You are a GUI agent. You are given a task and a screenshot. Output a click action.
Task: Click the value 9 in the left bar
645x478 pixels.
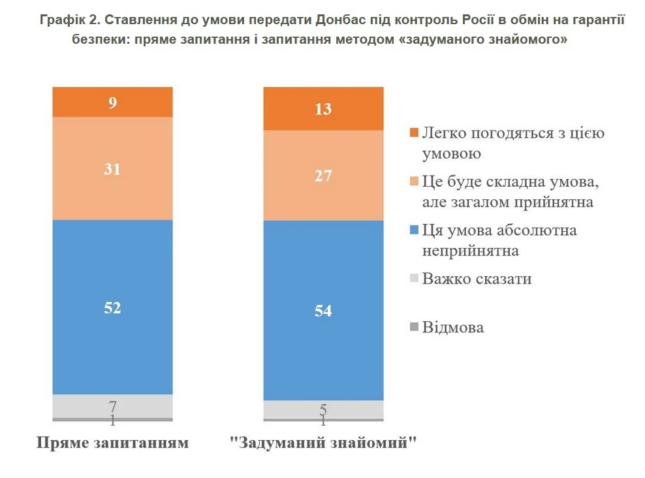point(113,103)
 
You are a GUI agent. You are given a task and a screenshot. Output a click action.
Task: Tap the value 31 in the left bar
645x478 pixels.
point(113,169)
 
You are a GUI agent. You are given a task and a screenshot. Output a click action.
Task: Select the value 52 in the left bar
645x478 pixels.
point(113,308)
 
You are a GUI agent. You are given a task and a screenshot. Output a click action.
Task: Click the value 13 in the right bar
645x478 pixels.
point(322,109)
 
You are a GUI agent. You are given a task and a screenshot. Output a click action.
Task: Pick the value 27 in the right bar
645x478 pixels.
point(322,176)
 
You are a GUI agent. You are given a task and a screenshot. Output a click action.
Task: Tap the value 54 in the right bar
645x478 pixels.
point(322,311)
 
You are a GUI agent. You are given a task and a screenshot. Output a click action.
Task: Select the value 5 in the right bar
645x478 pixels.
point(322,409)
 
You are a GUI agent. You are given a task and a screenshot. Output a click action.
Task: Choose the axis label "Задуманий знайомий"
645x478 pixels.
point(323,443)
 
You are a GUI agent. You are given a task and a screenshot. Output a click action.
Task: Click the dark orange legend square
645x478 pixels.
point(413,134)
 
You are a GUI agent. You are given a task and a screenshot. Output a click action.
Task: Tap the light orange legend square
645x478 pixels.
point(413,182)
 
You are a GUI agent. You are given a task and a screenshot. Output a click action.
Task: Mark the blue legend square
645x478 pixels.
point(413,231)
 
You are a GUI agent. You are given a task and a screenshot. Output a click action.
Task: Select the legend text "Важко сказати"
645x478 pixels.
point(477,279)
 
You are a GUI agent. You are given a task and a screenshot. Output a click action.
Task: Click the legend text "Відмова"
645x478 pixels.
point(452,327)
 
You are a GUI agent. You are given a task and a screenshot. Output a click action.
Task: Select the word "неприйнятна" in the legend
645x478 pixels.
point(470,251)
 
